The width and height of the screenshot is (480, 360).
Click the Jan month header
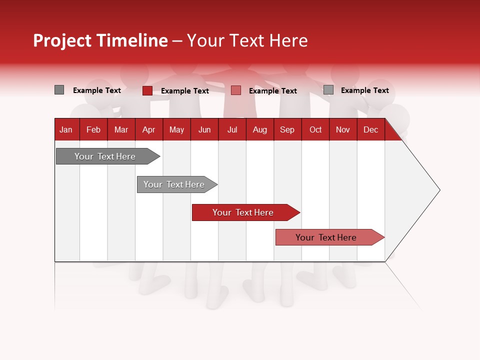click(x=66, y=130)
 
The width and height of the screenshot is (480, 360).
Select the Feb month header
click(x=93, y=130)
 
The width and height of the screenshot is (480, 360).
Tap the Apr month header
click(x=148, y=130)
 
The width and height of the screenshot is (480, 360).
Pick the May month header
click(x=176, y=130)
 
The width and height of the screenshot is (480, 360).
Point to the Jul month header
click(x=232, y=130)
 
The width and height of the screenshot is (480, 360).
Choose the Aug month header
click(x=259, y=130)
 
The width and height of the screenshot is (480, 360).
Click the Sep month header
click(x=287, y=130)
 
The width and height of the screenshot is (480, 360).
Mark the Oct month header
click(x=315, y=130)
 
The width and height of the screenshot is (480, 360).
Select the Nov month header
click(x=343, y=130)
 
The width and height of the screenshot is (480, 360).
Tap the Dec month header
click(x=370, y=130)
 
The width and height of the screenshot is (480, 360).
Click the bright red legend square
click(x=147, y=90)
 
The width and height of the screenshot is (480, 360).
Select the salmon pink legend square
click(x=236, y=90)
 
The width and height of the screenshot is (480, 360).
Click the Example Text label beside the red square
click(x=185, y=91)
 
